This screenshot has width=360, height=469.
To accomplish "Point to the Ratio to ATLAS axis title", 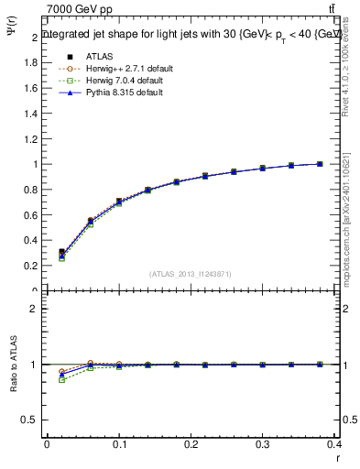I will [13, 365].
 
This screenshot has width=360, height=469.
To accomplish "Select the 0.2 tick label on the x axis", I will [191, 446].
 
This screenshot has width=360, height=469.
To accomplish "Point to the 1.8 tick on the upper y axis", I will [34, 63].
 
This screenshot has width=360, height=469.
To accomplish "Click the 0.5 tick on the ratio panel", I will [34, 420].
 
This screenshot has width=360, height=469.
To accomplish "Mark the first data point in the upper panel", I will [61, 252].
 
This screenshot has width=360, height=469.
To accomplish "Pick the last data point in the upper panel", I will [320, 164].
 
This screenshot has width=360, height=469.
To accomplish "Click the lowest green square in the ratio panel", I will [61, 379].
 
